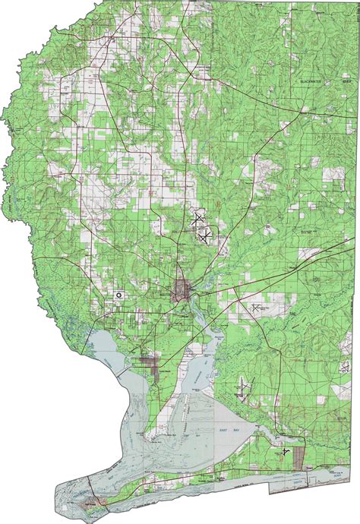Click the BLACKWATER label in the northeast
(311, 79)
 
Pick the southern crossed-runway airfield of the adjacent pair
(205, 237)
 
